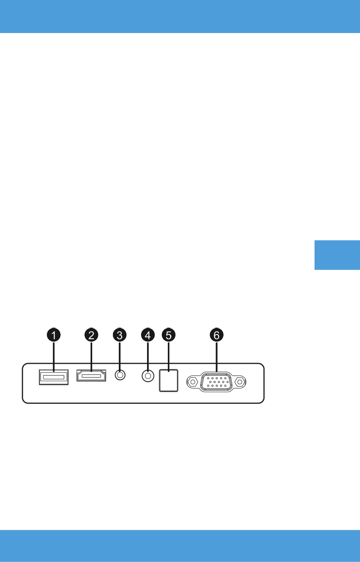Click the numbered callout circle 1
pyautogui.click(x=54, y=335)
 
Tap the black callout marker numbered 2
pyautogui.click(x=91, y=335)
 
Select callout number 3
pyautogui.click(x=120, y=335)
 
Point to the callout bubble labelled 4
pyautogui.click(x=148, y=335)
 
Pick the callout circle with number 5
pyautogui.click(x=169, y=335)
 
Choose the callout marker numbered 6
pyautogui.click(x=217, y=335)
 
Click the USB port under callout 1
pyautogui.click(x=54, y=377)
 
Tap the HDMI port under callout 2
pyautogui.click(x=91, y=375)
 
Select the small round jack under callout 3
pyautogui.click(x=120, y=375)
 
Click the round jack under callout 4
pyautogui.click(x=148, y=376)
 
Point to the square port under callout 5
pyautogui.click(x=169, y=381)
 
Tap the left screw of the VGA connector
pyautogui.click(x=193, y=382)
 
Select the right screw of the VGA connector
pyautogui.click(x=240, y=382)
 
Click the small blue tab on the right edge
pyautogui.click(x=337, y=255)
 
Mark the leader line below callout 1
pyautogui.click(x=54, y=356)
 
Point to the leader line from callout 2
pyautogui.click(x=91, y=356)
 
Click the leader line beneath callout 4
pyautogui.click(x=148, y=356)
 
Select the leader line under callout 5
pyautogui.click(x=169, y=356)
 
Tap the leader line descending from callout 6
pyautogui.click(x=217, y=356)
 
